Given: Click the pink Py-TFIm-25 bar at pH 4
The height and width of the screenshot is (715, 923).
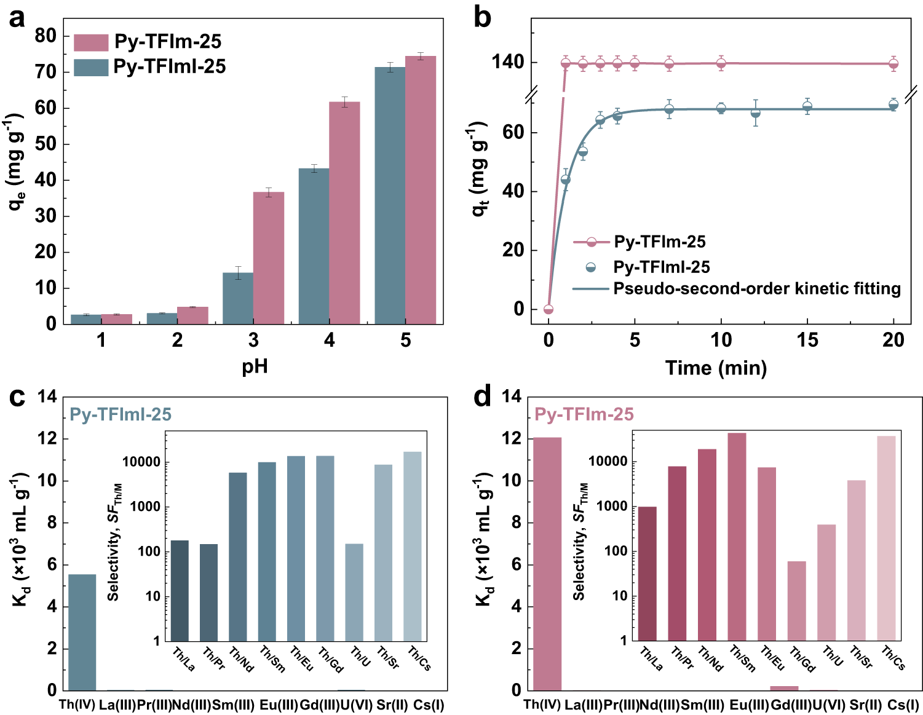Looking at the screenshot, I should tap(344, 213).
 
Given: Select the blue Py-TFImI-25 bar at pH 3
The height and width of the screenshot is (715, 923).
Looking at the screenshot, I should tap(238, 298).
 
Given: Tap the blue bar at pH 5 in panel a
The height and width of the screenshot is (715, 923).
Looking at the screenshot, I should tap(390, 196).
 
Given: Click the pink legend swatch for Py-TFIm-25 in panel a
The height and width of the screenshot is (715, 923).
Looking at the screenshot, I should tap(91, 42).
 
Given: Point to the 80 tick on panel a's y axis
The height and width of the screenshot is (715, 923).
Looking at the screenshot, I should tap(46, 36).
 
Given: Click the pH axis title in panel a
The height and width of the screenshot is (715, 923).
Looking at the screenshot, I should tap(255, 366).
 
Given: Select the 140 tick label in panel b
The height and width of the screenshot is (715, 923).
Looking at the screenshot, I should tap(508, 62).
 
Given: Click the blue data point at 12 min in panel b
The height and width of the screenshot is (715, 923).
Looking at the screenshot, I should tap(755, 113).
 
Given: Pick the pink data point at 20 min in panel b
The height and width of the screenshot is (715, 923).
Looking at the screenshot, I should tap(893, 63).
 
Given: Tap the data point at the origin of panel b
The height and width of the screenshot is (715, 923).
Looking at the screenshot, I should tap(549, 309).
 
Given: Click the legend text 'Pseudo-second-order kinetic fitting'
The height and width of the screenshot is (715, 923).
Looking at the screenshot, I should tap(757, 288).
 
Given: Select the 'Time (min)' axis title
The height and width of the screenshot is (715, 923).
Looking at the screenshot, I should tap(716, 368).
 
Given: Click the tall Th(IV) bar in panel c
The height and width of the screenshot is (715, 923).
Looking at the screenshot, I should tap(82, 632).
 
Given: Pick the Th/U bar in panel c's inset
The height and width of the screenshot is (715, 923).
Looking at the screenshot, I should tap(354, 592).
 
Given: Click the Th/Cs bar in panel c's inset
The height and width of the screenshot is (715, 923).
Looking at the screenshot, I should tap(413, 546).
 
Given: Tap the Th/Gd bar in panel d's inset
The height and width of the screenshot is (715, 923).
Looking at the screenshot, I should tap(796, 601).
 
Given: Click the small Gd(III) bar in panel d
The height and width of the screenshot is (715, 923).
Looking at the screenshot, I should tap(784, 688).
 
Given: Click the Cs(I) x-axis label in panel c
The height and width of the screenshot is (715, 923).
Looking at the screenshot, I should tap(429, 705).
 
